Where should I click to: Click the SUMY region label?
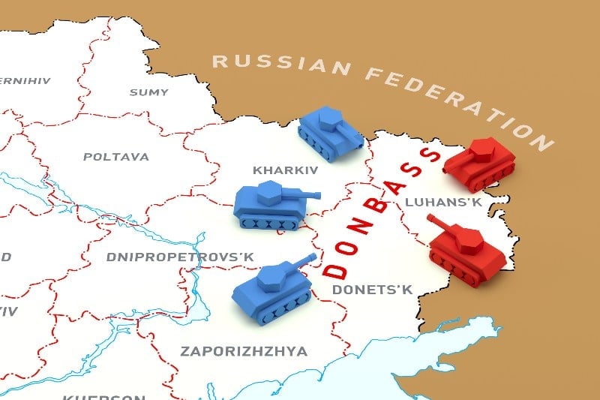(143, 92)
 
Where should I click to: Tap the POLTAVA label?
(115, 157)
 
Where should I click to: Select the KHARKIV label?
(286, 170)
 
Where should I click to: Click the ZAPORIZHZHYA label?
(244, 350)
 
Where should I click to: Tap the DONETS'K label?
(373, 289)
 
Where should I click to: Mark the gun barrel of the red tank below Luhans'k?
(439, 224)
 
